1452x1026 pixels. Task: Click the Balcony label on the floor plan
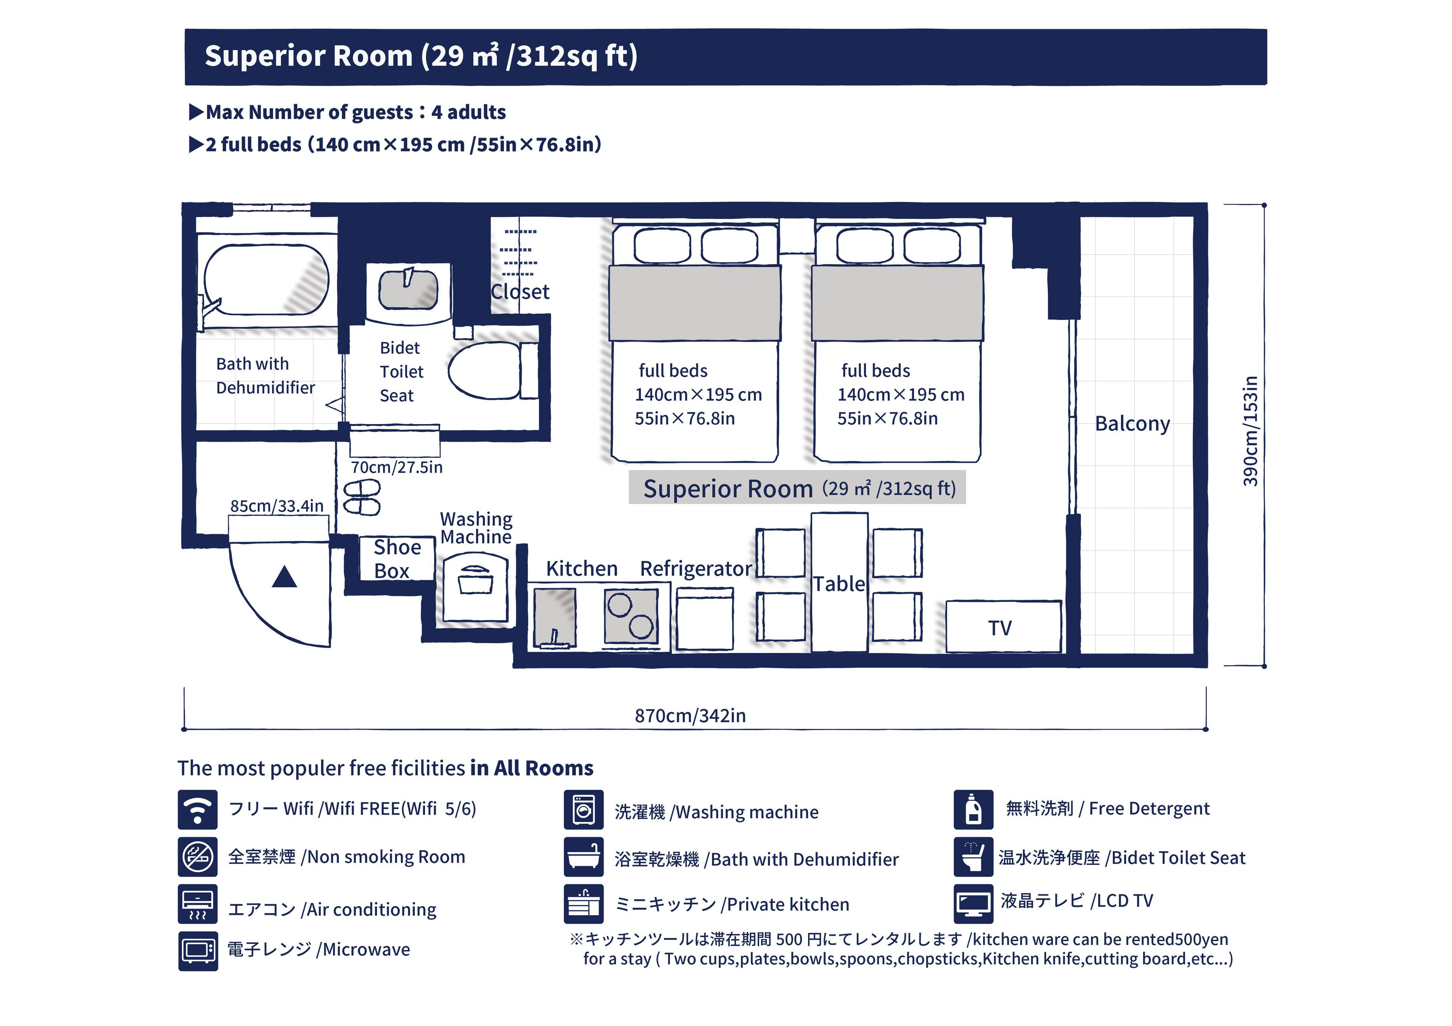click(x=1132, y=424)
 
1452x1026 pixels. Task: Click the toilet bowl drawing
click(x=486, y=371)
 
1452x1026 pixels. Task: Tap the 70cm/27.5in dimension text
click(x=397, y=468)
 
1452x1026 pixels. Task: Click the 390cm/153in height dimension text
click(x=1250, y=431)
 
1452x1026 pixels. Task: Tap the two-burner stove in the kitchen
click(x=630, y=616)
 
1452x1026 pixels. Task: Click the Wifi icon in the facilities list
click(x=197, y=809)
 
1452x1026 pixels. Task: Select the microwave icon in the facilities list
click(x=198, y=951)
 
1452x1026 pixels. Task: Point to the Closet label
click(x=520, y=292)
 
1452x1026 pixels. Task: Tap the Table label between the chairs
click(x=839, y=584)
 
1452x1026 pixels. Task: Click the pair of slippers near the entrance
click(x=362, y=497)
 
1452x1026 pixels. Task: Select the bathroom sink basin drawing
click(x=408, y=289)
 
